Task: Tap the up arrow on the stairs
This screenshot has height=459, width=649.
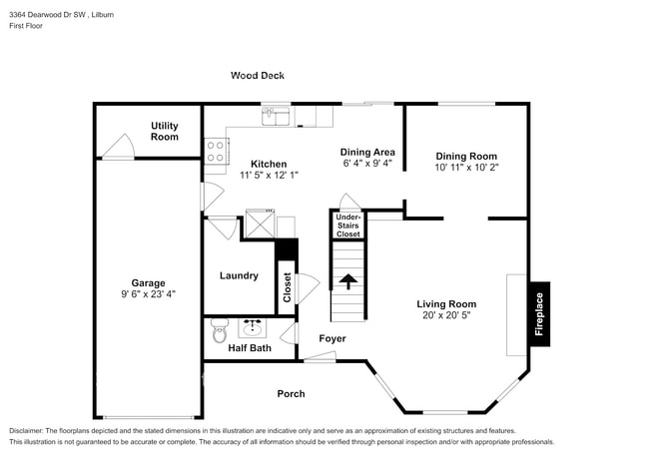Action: click(x=347, y=281)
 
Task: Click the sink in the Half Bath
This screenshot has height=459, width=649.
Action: click(x=253, y=327)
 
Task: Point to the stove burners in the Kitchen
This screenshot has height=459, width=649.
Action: click(x=215, y=150)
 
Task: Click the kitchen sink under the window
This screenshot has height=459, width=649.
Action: click(x=276, y=118)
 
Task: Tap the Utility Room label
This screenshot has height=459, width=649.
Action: click(x=165, y=131)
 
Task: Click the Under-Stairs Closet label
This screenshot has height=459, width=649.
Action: click(x=347, y=226)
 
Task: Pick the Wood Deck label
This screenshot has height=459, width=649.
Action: click(x=258, y=75)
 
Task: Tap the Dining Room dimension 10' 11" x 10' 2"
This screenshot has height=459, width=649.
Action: click(x=466, y=168)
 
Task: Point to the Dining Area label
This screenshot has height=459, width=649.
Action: click(x=367, y=152)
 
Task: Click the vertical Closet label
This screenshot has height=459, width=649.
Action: click(x=287, y=287)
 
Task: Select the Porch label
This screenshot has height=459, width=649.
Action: click(x=291, y=394)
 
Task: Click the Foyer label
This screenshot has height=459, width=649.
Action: click(x=332, y=339)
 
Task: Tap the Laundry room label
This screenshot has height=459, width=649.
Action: click(x=239, y=275)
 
